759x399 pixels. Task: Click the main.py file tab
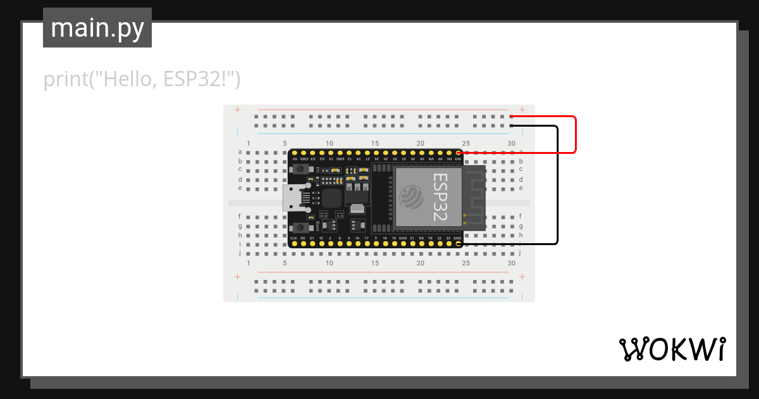97,28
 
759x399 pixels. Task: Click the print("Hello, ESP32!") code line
142,80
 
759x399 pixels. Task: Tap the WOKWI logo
671,349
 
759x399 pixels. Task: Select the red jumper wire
575,134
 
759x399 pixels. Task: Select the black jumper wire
557,184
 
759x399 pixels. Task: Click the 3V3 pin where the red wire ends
458,153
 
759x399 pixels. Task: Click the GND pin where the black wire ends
458,243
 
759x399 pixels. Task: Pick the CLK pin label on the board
293,237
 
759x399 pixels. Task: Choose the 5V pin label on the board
293,158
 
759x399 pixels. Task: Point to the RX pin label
421,237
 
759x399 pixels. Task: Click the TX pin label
430,237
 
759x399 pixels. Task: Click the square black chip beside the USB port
331,198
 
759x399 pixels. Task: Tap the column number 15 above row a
375,144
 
